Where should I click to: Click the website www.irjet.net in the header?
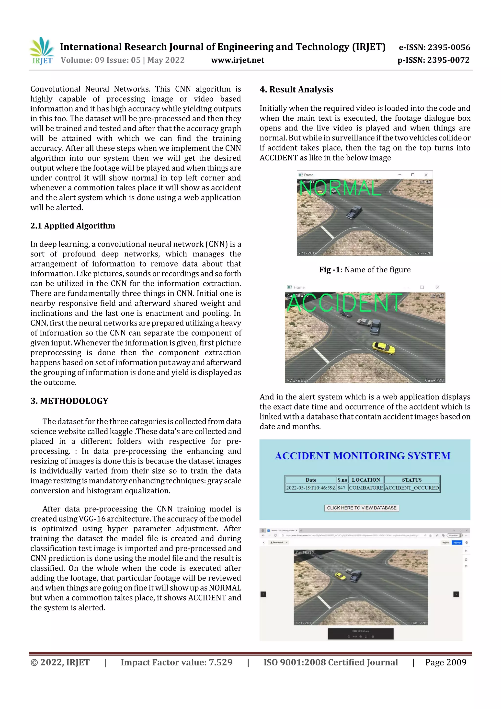(237, 60)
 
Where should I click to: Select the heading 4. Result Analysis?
(296, 90)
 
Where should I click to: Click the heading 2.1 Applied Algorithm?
(73, 226)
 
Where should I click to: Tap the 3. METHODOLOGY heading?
(69, 401)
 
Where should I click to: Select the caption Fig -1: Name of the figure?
(364, 270)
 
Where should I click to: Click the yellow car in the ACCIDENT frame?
(383, 348)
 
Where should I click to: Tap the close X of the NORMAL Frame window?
(426, 175)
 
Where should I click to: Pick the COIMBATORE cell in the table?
(366, 488)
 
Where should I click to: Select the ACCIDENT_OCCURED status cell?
(411, 488)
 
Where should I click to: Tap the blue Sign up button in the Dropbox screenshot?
(457, 543)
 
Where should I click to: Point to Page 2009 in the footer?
(445, 662)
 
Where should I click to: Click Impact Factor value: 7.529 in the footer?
(176, 662)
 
